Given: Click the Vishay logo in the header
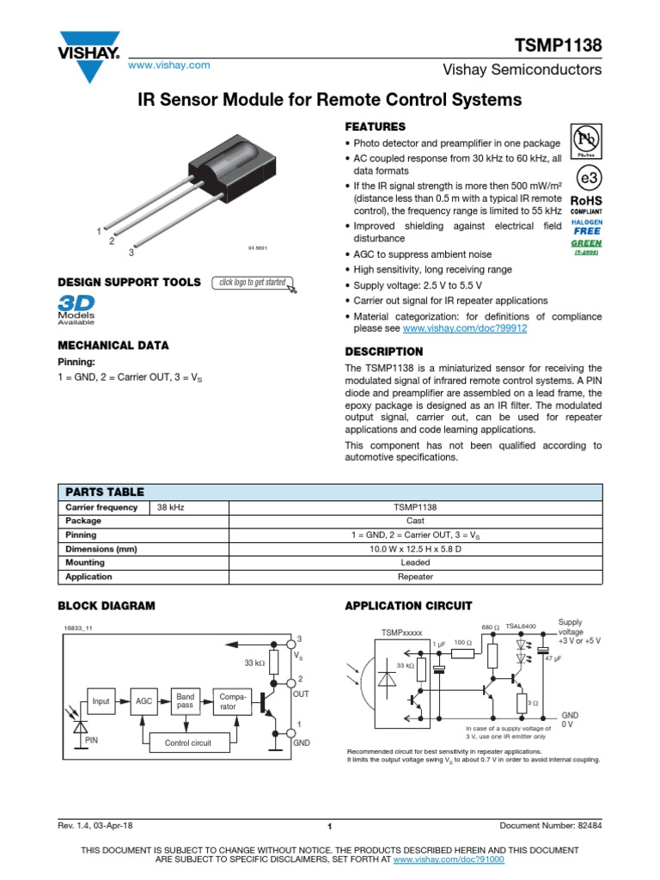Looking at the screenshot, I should tap(89, 52).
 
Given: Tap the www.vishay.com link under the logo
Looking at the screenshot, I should tap(169, 65).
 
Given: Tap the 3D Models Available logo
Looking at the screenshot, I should tap(76, 311).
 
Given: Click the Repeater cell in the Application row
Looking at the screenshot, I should tap(414, 577).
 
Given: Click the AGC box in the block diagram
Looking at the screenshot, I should tap(144, 701).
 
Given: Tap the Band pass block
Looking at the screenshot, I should tap(186, 700).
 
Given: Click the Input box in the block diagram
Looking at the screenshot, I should tap(101, 701).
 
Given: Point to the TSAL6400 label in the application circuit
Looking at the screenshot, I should tap(521, 626).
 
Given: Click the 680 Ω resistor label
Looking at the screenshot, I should tap(491, 626).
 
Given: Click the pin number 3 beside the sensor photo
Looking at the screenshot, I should tap(131, 253).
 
